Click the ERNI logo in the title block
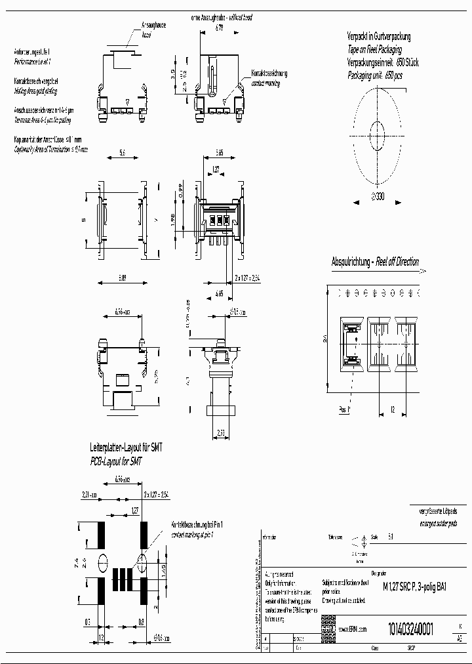[328, 628]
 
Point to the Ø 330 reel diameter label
[379, 196]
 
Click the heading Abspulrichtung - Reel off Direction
[375, 262]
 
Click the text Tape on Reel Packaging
[374, 50]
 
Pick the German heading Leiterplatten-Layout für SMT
[125, 447]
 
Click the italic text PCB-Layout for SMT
[115, 462]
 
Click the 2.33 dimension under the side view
[222, 432]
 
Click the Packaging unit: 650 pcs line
[378, 75]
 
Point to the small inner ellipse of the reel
[378, 128]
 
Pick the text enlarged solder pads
[424, 524]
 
